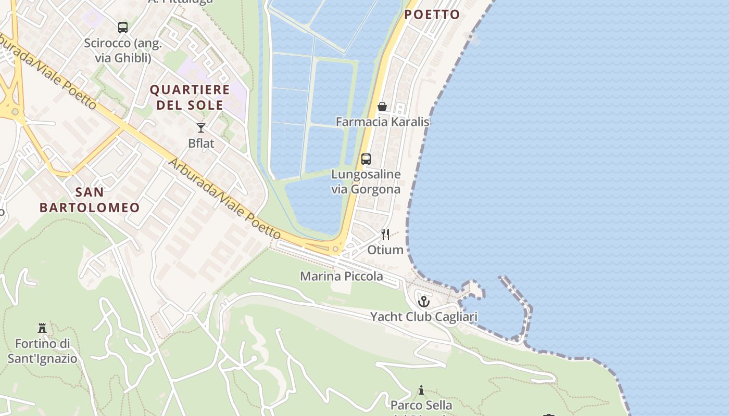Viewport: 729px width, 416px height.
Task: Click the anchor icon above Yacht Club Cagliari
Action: [x=424, y=301]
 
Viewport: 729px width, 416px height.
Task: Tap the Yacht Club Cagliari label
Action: [x=423, y=317]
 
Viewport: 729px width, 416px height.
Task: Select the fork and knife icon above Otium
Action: [x=385, y=235]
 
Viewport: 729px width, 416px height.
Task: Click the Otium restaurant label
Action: [x=385, y=250]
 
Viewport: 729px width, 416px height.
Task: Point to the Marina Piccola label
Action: [x=341, y=276]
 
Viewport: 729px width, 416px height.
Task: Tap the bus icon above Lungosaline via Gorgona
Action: [x=366, y=159]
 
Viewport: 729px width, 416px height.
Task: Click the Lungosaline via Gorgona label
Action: [x=366, y=181]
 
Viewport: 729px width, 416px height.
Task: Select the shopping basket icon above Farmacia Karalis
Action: [x=382, y=107]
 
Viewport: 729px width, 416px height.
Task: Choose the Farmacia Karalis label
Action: [x=382, y=122]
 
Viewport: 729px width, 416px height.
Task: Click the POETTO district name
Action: [x=432, y=15]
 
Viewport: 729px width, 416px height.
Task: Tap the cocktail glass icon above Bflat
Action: [x=201, y=127]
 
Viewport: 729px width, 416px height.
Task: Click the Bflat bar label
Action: [x=201, y=143]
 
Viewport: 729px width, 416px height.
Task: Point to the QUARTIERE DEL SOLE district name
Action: [x=190, y=97]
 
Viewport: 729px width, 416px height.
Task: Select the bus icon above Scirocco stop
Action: [x=123, y=28]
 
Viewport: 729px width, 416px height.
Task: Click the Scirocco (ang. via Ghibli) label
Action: [x=123, y=50]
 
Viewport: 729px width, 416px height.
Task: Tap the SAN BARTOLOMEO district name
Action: [x=90, y=200]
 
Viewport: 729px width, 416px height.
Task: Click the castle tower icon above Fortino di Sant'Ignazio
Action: [x=42, y=328]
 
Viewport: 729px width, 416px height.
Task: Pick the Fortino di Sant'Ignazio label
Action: [x=42, y=351]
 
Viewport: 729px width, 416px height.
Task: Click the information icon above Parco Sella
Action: [x=421, y=390]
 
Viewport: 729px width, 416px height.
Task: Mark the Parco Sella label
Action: [x=421, y=405]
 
